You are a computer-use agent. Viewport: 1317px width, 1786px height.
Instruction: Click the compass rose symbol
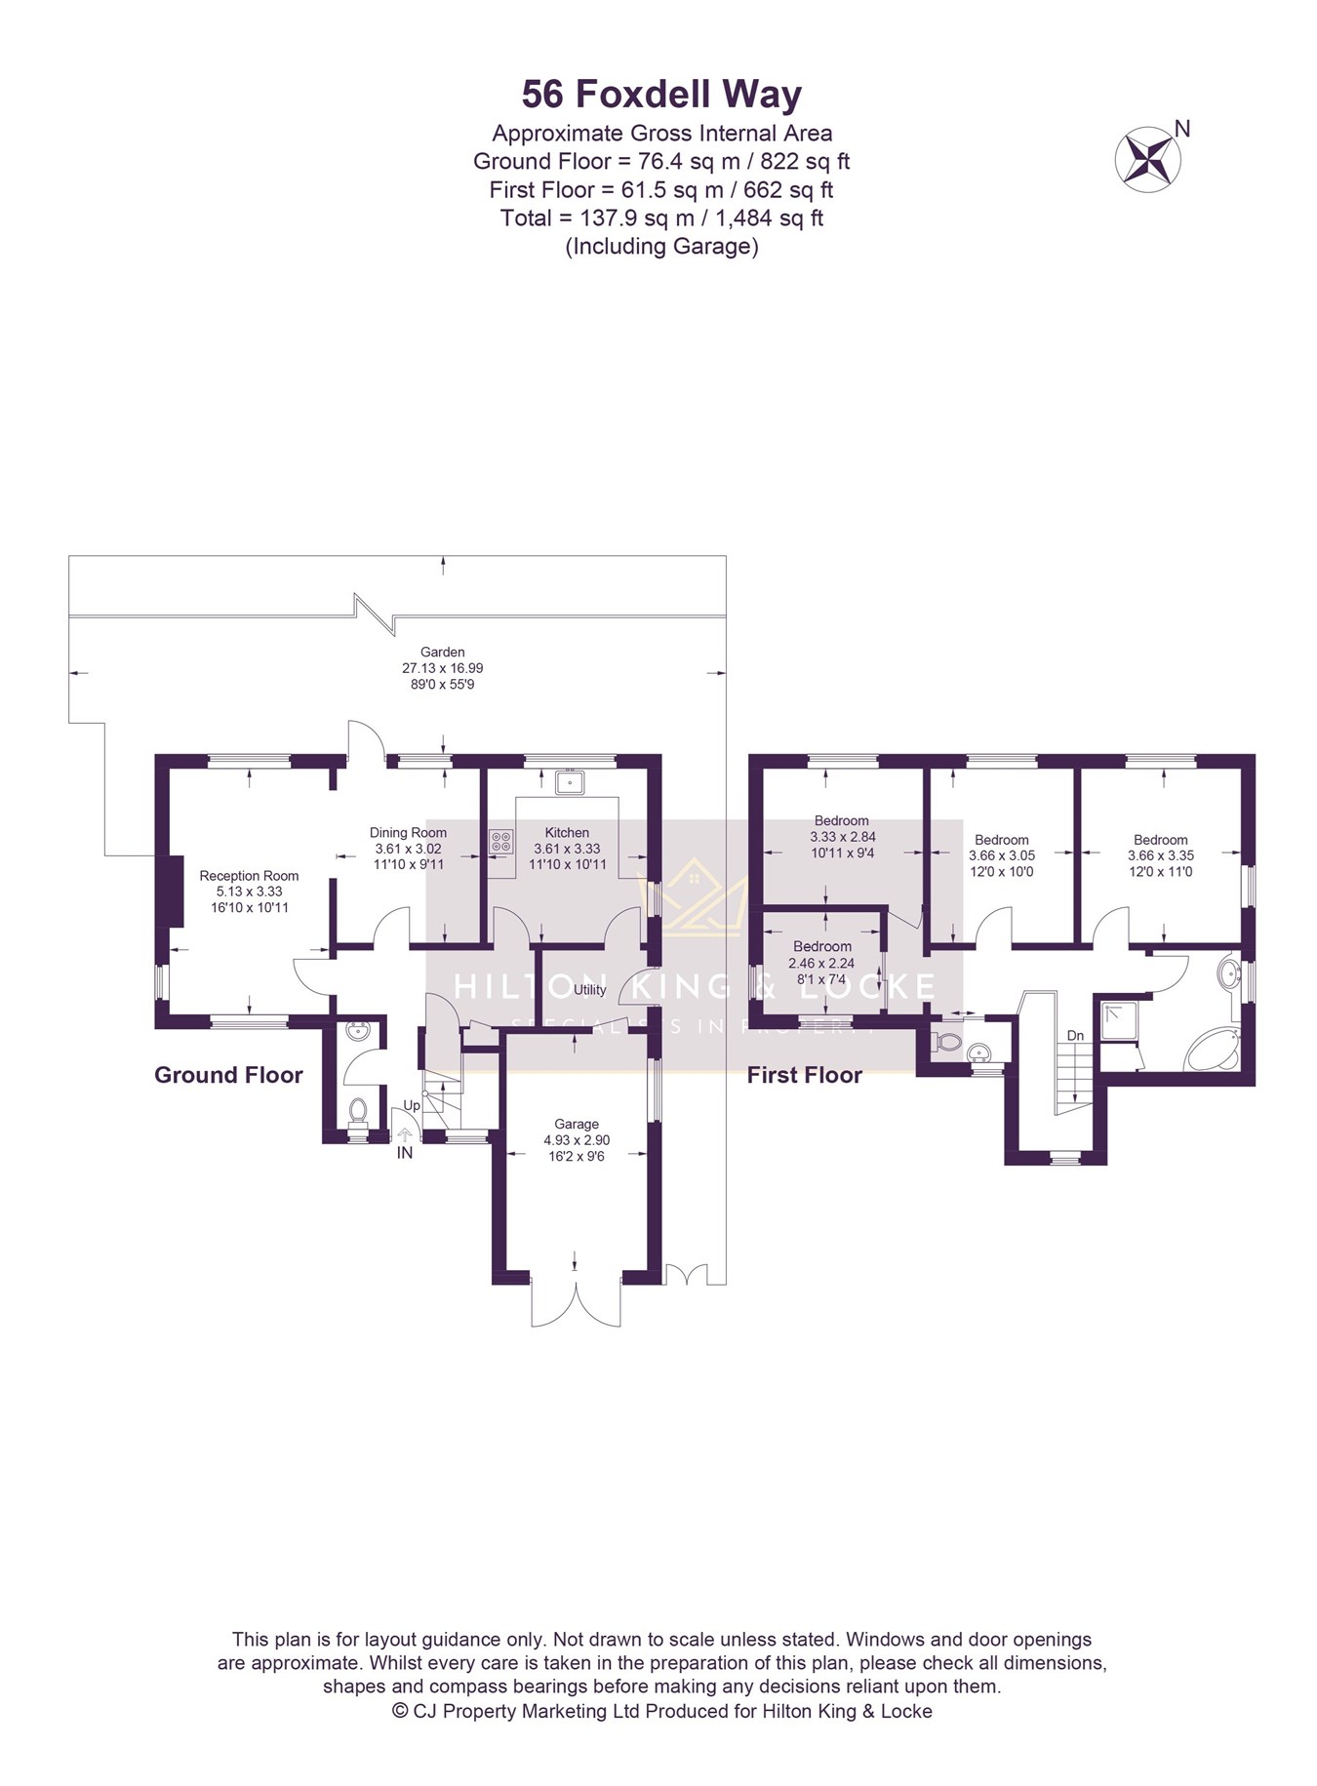(1148, 155)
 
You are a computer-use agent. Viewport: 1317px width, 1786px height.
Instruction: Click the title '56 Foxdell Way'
(661, 95)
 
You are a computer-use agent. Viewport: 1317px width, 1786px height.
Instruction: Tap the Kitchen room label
(567, 832)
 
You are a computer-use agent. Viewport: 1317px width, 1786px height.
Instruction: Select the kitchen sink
(569, 782)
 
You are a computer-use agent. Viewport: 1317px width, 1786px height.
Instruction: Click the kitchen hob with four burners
(501, 841)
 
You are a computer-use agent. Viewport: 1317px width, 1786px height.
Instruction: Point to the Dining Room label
(408, 832)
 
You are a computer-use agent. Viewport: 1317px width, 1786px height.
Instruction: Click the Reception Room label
(249, 875)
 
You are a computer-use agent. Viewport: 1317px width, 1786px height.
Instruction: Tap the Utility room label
(590, 989)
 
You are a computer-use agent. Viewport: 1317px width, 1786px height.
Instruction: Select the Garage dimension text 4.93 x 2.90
(577, 1140)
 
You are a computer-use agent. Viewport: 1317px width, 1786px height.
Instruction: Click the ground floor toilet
(358, 1112)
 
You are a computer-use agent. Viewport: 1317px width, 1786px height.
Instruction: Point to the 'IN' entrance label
(404, 1153)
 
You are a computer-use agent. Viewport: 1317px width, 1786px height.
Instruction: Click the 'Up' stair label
(412, 1106)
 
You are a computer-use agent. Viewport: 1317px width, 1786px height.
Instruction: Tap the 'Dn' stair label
(1075, 1035)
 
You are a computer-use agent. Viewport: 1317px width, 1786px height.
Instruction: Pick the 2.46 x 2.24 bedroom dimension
(821, 963)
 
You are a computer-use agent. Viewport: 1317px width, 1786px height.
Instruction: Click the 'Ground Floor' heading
(228, 1075)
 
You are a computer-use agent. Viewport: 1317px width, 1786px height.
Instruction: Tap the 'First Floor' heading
(805, 1075)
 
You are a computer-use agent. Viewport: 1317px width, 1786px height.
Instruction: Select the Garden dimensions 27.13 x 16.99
(443, 668)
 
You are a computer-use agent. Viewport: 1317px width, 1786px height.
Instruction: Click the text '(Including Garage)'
(661, 246)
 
